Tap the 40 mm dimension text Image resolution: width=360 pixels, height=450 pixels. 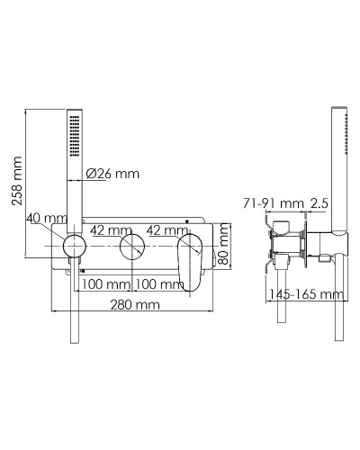(48, 219)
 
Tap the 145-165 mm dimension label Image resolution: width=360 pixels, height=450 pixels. (306, 293)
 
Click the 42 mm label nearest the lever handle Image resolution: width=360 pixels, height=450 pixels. (167, 230)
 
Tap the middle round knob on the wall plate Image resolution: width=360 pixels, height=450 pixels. (134, 249)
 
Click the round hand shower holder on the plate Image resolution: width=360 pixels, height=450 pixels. (73, 249)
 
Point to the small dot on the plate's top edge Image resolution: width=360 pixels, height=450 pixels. (187, 220)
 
